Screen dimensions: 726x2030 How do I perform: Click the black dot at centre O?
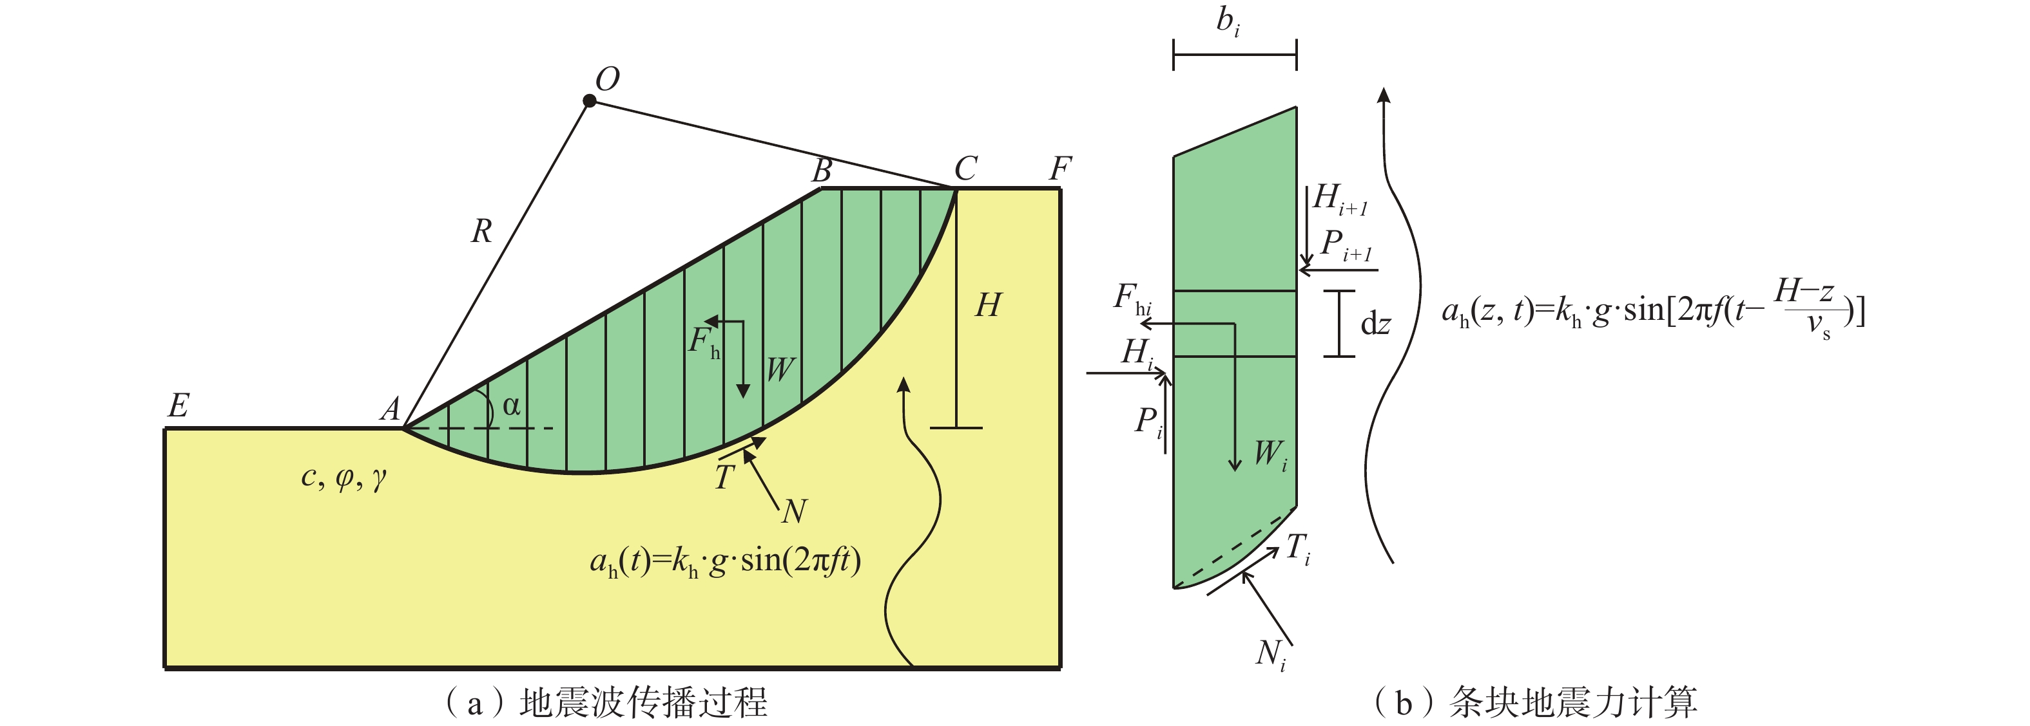tap(590, 101)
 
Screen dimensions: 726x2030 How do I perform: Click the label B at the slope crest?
tap(822, 170)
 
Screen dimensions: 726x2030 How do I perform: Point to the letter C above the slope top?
tap(965, 169)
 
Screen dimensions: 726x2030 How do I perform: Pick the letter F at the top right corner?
tap(1060, 169)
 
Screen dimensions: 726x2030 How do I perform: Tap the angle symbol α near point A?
tap(512, 406)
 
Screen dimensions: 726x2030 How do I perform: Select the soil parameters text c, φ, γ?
tap(343, 477)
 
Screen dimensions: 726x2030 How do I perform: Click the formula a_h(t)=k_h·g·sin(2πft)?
tap(725, 561)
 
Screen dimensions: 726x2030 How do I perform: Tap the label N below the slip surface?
tap(795, 512)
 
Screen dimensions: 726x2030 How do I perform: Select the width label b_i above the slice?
tap(1228, 22)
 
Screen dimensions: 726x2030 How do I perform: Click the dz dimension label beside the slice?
tap(1375, 324)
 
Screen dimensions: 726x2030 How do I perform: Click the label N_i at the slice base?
tap(1271, 655)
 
